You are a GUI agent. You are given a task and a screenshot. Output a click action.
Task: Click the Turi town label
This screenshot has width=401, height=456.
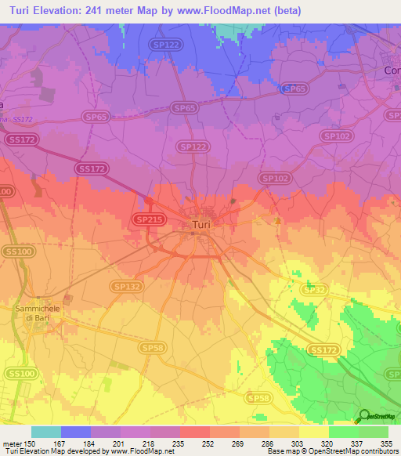click(x=200, y=226)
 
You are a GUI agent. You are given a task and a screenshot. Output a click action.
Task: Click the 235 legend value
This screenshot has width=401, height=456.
click(x=164, y=443)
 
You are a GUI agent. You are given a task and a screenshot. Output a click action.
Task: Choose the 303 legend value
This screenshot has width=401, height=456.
click(x=284, y=443)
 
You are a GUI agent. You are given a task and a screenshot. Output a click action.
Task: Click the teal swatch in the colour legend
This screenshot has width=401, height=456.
click(x=46, y=432)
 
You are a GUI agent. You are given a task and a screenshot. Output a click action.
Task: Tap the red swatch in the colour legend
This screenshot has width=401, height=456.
click(x=195, y=432)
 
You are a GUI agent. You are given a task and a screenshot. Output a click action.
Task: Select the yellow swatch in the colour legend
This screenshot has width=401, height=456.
click(x=314, y=432)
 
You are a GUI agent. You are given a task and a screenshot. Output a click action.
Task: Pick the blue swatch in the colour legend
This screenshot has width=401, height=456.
click(x=76, y=432)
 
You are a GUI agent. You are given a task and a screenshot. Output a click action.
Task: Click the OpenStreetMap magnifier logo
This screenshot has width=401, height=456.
click(x=364, y=416)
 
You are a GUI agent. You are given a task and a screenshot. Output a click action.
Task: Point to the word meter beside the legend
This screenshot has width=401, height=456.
click(x=13, y=443)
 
